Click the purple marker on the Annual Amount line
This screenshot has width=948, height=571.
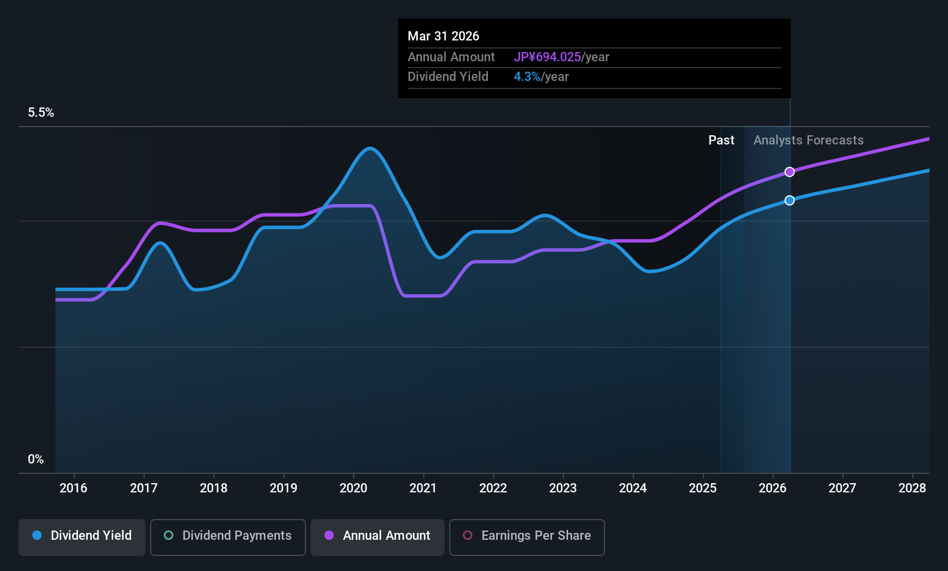[x=789, y=172]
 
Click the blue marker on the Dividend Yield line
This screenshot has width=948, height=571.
[x=789, y=200]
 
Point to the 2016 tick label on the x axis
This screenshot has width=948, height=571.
[x=73, y=488]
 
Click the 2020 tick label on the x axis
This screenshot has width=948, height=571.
[x=353, y=488]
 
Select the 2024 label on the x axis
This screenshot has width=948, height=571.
[x=633, y=488]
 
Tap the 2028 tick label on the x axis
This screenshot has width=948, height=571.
[x=912, y=488]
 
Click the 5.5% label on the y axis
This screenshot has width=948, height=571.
[x=41, y=113]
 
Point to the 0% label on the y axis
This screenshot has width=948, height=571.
[x=36, y=459]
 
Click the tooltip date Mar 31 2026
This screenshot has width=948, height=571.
[x=443, y=36]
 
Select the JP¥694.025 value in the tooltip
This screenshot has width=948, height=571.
[x=547, y=57]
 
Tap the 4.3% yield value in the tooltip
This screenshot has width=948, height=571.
[x=527, y=77]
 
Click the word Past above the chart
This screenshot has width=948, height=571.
[x=721, y=140]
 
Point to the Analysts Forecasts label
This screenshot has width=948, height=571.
[x=808, y=140]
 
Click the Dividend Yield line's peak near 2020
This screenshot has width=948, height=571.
[x=370, y=149]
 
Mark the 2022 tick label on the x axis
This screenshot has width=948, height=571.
[x=493, y=488]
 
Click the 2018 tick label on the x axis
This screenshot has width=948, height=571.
[x=214, y=488]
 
